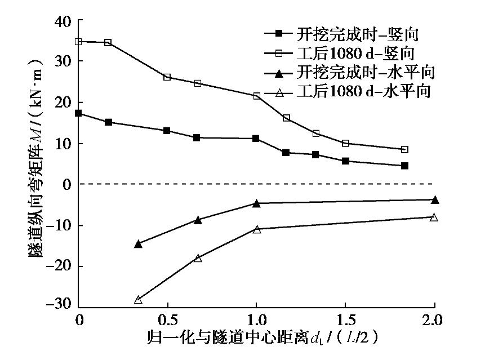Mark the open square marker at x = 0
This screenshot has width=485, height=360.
point(79,42)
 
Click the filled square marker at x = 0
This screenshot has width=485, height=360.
point(79,113)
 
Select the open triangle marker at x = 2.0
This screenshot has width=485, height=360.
point(434,217)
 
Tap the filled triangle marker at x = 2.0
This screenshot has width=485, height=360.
point(434,200)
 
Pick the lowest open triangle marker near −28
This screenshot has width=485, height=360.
point(138,300)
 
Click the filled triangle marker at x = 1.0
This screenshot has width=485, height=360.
point(256,203)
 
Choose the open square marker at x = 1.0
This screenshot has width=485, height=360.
point(257,96)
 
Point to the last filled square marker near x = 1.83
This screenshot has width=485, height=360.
point(404,166)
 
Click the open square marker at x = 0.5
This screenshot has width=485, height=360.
point(167,77)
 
